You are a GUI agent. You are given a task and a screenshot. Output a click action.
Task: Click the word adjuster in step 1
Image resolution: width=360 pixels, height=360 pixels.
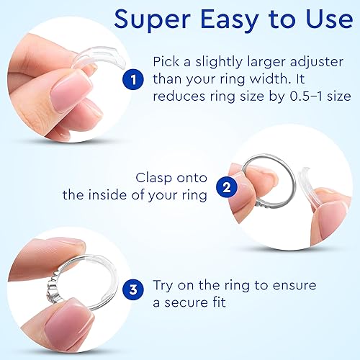pyautogui.click(x=320, y=62)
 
